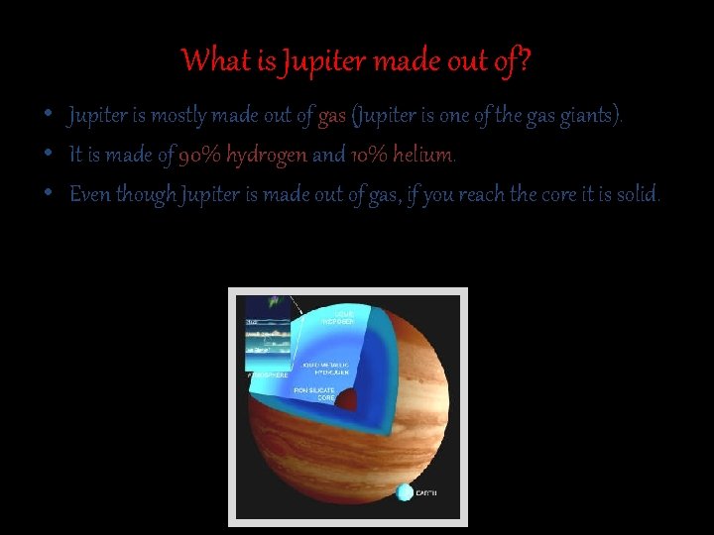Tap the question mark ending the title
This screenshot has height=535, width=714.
[x=525, y=61]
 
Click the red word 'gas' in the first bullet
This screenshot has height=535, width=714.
[x=332, y=117]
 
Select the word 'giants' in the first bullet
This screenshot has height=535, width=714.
[x=590, y=117]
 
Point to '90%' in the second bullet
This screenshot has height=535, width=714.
[x=200, y=156]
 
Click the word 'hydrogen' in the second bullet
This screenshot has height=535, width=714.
[x=267, y=156]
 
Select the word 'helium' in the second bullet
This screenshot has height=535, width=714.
[x=423, y=156]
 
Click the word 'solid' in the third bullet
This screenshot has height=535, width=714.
[x=636, y=194]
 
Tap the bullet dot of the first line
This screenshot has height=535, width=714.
[x=48, y=117]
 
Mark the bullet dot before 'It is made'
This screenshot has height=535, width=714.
[x=48, y=156]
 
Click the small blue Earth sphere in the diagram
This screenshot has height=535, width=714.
[x=405, y=492]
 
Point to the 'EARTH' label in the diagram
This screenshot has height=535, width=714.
[x=426, y=493]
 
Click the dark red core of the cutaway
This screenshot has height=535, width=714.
[x=347, y=400]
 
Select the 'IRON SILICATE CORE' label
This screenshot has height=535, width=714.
[x=316, y=394]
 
